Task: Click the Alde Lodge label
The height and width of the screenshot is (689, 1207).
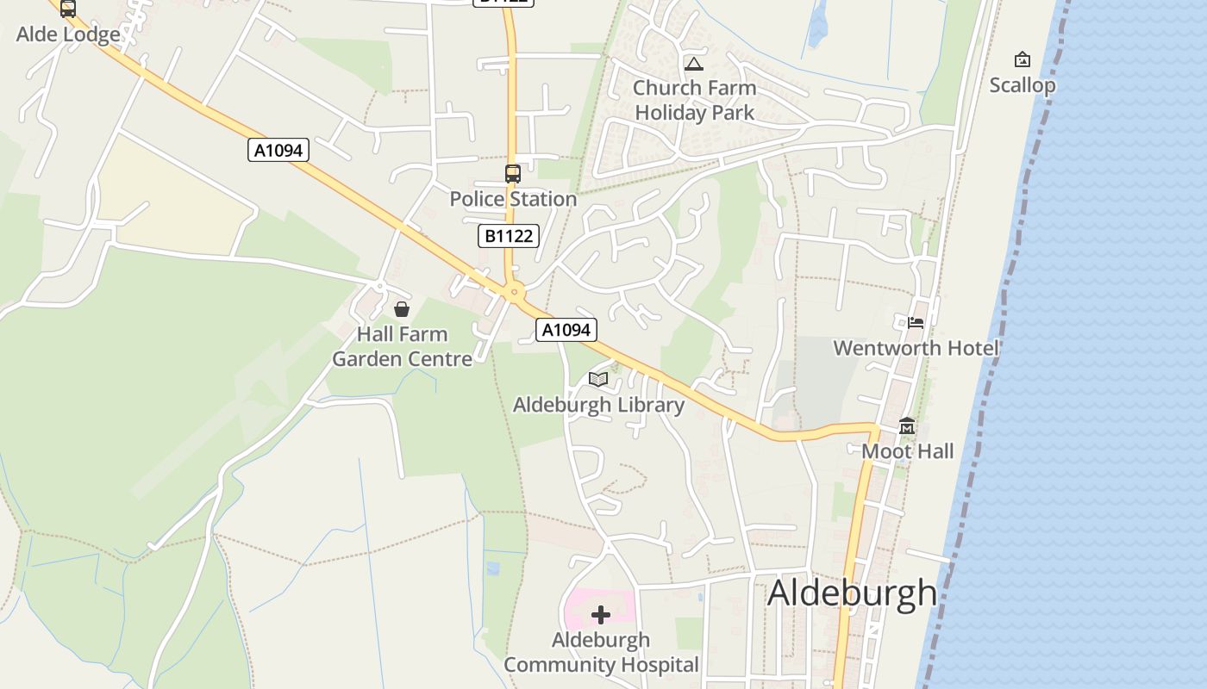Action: [x=68, y=35]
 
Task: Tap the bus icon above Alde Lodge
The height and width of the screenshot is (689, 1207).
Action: [x=67, y=9]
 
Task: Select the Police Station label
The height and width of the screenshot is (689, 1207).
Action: [x=513, y=199]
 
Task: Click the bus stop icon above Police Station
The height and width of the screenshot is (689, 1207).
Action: [x=513, y=173]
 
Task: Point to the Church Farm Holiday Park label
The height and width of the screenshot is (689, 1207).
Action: [x=695, y=100]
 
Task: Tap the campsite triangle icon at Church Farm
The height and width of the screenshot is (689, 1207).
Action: [x=694, y=64]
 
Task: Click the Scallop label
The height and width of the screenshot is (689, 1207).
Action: [x=1023, y=85]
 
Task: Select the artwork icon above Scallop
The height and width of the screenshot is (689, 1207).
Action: [x=1023, y=59]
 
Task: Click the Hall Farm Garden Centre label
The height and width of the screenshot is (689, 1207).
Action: [x=403, y=346]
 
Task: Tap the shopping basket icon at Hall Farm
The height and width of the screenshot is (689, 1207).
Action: [x=402, y=309]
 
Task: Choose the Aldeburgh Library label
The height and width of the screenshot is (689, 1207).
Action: [x=598, y=405]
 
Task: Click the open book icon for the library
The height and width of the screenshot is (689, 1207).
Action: [x=598, y=379]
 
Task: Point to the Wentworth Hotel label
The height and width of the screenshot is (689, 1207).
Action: [x=916, y=348]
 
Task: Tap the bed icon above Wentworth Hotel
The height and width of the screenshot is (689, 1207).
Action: [x=916, y=323]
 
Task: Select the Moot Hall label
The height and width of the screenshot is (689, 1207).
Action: [x=908, y=451]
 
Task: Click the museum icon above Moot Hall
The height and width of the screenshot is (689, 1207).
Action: [x=907, y=426]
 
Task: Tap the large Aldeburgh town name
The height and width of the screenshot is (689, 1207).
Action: [x=852, y=593]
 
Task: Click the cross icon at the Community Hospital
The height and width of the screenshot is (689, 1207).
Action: [x=601, y=615]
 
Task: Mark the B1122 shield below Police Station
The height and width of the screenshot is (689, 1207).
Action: [x=509, y=236]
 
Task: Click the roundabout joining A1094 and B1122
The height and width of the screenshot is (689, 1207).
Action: [x=515, y=293]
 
